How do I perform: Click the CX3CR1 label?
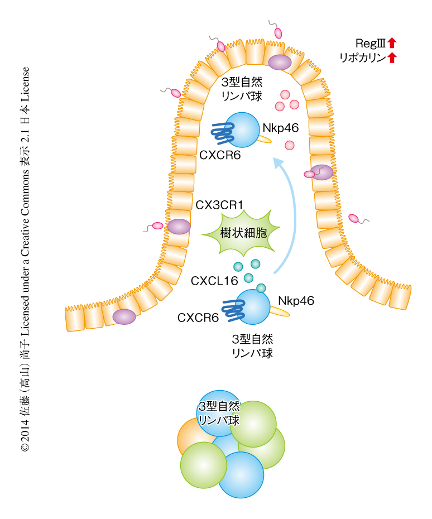point(219,205)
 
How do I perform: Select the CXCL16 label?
point(214,281)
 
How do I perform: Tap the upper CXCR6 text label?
point(220,156)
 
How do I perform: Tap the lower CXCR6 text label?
point(198,318)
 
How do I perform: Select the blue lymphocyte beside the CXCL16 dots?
point(254,306)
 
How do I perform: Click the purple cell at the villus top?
point(280,63)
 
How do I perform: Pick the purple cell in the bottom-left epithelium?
point(124,316)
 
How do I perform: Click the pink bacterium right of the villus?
point(354,218)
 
